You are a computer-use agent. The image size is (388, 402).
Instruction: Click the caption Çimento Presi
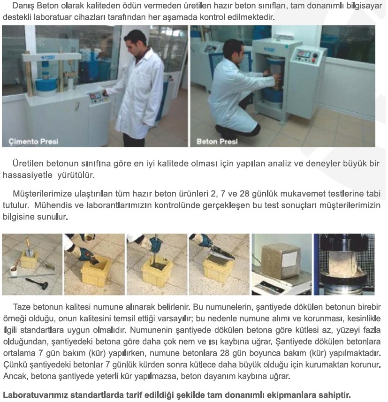click(x=33, y=142)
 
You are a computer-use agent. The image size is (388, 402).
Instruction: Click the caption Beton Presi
click(x=217, y=142)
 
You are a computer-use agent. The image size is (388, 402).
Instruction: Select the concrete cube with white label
click(x=281, y=261)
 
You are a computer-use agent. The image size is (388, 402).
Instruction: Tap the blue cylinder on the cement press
click(x=46, y=83)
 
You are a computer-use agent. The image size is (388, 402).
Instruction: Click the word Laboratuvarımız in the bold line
click(x=35, y=395)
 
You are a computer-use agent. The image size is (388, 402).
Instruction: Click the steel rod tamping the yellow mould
click(x=155, y=250)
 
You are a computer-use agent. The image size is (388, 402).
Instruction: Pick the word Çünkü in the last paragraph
click(x=15, y=365)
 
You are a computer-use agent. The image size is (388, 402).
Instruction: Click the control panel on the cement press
click(x=98, y=98)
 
